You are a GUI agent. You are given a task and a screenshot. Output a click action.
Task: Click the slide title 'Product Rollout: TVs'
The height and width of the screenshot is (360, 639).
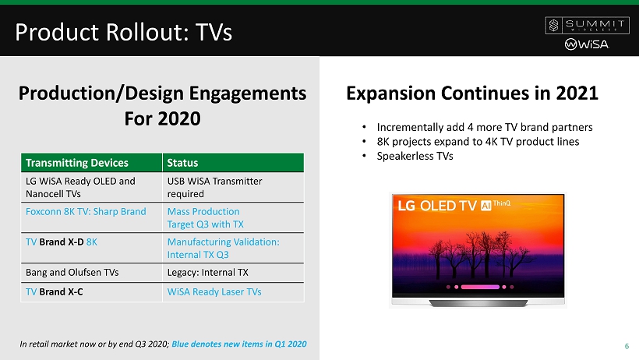pyautogui.click(x=123, y=32)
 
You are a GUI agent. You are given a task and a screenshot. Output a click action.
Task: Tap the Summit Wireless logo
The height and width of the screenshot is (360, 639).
pyautogui.click(x=587, y=26)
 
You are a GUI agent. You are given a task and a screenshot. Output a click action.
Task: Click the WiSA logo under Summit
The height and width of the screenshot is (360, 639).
pyautogui.click(x=587, y=44)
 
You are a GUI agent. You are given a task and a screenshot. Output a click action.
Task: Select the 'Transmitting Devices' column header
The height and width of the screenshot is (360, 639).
pyautogui.click(x=77, y=163)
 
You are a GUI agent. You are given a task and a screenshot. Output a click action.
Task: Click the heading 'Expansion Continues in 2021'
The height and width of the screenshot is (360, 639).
pyautogui.click(x=472, y=93)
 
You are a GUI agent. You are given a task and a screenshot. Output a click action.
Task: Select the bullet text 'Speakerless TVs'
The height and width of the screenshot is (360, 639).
pyautogui.click(x=415, y=156)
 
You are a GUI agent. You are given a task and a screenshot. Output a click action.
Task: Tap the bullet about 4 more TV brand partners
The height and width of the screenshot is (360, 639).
pyautogui.click(x=485, y=127)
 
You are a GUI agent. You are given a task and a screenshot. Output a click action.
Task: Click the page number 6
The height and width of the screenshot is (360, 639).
pyautogui.click(x=627, y=346)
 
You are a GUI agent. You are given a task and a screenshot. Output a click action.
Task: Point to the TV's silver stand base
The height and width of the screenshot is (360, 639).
pyautogui.click(x=478, y=303)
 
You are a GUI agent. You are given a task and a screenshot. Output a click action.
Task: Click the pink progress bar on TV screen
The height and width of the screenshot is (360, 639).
pyautogui.click(x=480, y=287)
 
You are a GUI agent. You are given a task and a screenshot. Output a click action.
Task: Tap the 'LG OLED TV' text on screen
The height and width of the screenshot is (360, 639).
pyautogui.click(x=437, y=206)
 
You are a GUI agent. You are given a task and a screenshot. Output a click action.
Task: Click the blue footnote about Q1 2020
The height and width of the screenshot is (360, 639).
pyautogui.click(x=239, y=344)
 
